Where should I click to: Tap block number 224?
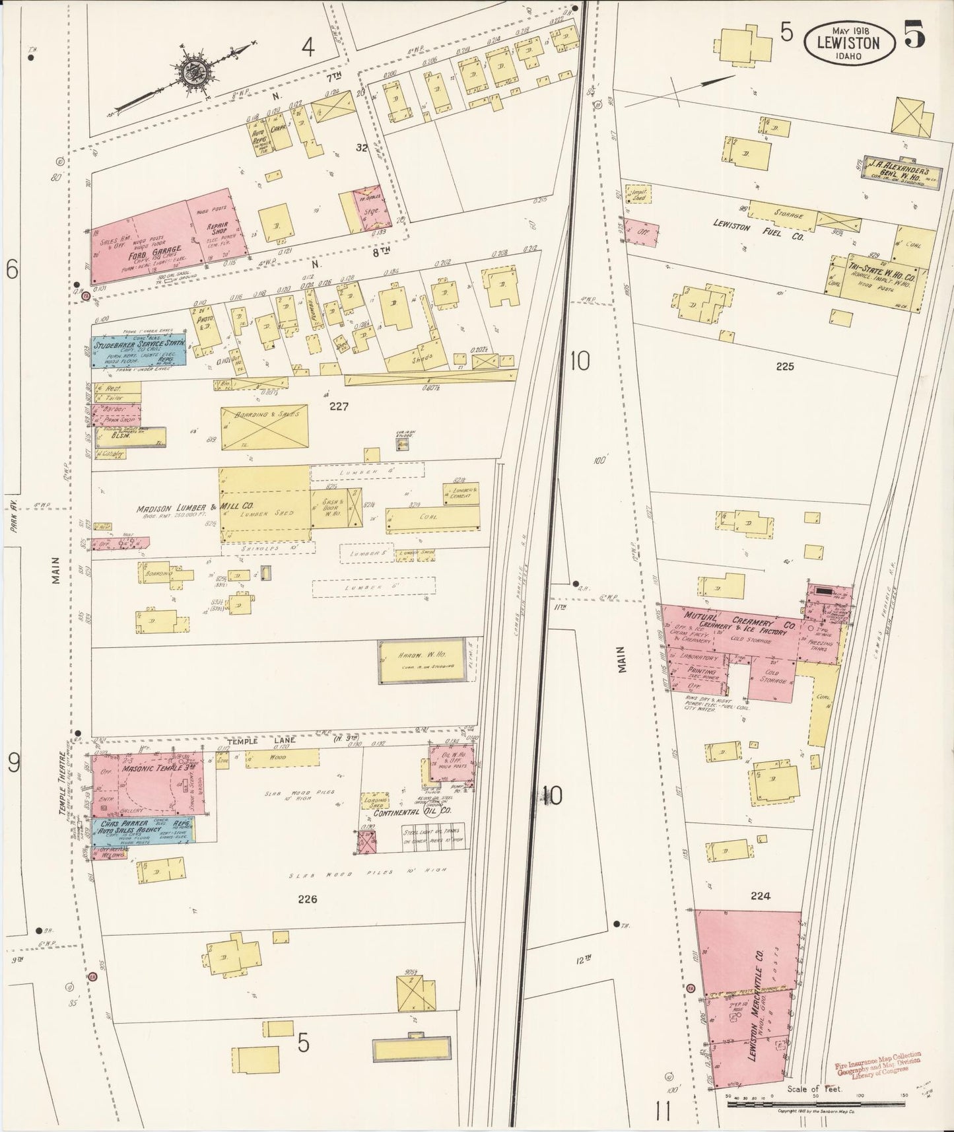tap(761, 896)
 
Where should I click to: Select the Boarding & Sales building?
tap(264, 428)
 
